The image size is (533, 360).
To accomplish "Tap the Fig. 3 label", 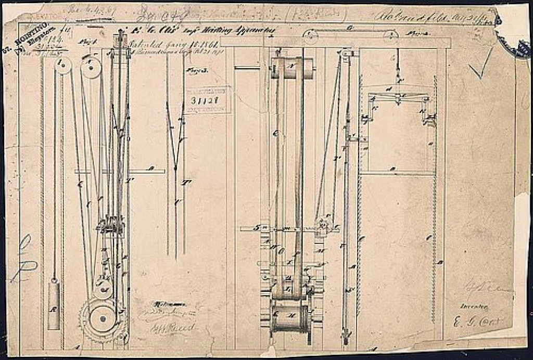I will coord(194,71).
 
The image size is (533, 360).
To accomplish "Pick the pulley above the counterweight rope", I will coord(63,65).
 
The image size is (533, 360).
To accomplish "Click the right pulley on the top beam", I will coord(391,35).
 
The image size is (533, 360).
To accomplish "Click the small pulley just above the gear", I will coord(104,286).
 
